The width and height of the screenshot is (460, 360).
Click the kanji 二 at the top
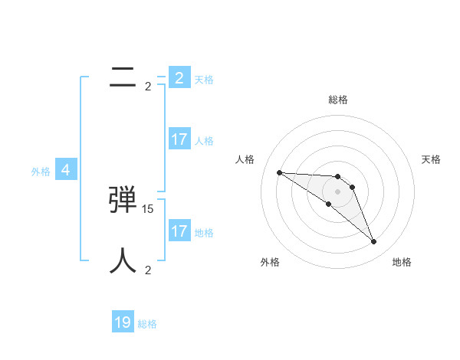tap(123, 77)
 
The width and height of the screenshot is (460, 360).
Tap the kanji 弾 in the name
tap(123, 201)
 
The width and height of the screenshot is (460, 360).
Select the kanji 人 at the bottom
tap(123, 261)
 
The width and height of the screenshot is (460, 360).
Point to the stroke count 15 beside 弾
tap(148, 208)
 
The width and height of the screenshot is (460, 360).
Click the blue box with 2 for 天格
tap(179, 78)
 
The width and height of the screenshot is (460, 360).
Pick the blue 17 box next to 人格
tap(179, 139)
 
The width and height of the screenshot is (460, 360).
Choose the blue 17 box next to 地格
tap(179, 231)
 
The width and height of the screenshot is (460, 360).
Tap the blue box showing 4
tap(66, 170)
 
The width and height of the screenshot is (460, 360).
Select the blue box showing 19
tap(123, 322)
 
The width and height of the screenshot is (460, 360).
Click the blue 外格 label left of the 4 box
tap(41, 172)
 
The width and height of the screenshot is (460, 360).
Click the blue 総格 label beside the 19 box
tap(147, 324)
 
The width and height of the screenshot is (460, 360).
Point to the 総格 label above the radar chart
tap(337, 100)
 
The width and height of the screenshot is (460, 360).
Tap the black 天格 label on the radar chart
tap(432, 159)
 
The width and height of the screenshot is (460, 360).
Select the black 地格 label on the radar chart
tap(402, 262)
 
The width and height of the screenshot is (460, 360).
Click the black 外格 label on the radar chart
tap(269, 262)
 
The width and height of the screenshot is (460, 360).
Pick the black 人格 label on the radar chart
tap(245, 159)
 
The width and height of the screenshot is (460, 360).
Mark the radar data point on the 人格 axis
tap(279, 172)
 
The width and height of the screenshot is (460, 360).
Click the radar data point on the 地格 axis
tap(373, 242)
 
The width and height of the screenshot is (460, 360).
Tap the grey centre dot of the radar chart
tap(337, 191)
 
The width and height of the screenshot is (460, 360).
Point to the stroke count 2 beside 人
tap(148, 270)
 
